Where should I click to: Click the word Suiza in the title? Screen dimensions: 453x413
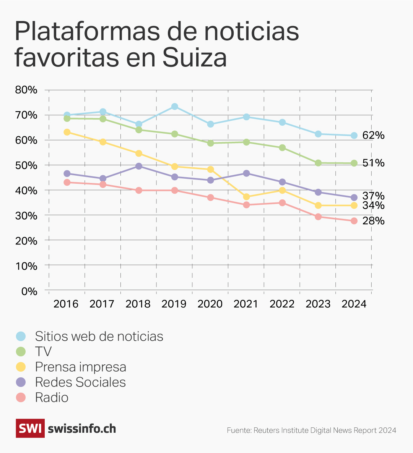pos(195,58)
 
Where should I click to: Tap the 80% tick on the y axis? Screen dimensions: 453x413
pos(26,90)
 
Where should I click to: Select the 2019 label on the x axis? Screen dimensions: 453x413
pos(174,304)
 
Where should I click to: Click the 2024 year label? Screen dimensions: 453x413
pos(354,304)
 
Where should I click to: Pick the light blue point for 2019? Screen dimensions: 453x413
pos(175,107)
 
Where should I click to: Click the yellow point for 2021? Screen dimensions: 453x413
pos(246,197)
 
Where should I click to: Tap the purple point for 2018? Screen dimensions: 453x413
pos(139,166)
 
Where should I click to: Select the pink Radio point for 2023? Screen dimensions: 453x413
pos(318,217)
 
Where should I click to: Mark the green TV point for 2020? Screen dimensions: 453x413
pos(210,143)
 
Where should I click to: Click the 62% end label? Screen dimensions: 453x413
pos(373,136)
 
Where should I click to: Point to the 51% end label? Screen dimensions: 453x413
pos(373,163)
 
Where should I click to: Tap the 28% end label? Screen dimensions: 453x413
pos(373,221)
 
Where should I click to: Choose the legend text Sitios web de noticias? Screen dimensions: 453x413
pos(99,336)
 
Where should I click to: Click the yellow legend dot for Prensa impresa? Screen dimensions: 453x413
pos(21,367)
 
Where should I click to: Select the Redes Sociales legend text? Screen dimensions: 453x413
pos(80,382)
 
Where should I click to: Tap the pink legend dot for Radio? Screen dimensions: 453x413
pos(21,397)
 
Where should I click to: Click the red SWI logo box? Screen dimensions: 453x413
pos(30,428)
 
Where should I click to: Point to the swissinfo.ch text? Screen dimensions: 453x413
pos(82,429)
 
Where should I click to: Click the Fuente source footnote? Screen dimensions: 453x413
pos(311,430)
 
